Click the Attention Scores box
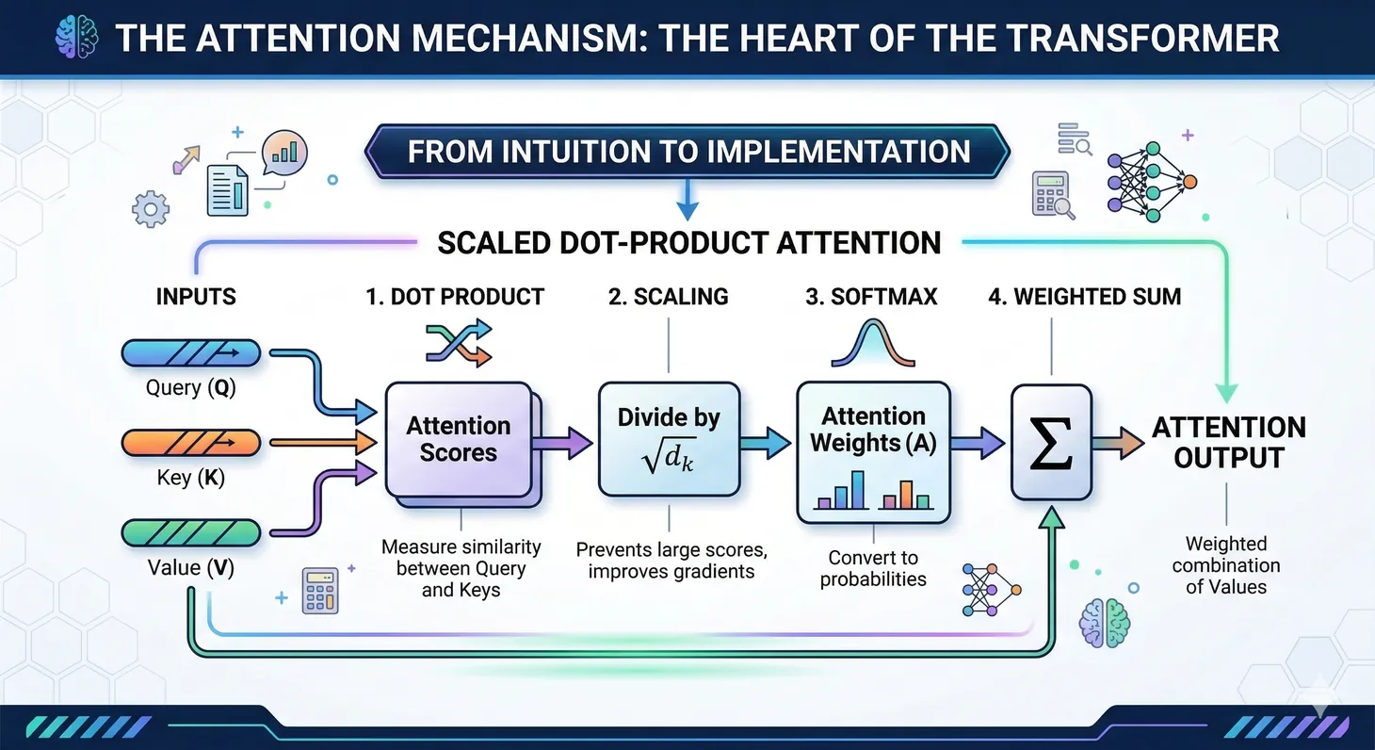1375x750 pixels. tap(458, 439)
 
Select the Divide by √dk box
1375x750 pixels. tap(669, 439)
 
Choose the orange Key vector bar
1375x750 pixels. tap(191, 442)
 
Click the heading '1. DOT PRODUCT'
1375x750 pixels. tap(455, 297)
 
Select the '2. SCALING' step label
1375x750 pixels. tap(668, 297)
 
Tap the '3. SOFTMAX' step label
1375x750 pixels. tap(870, 297)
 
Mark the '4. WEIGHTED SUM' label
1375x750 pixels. tap(1084, 297)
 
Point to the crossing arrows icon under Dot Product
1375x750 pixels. tap(459, 343)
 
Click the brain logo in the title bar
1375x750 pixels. tap(78, 38)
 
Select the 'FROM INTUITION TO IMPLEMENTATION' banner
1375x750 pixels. tap(687, 152)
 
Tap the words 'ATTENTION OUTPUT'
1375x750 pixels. tap(1229, 442)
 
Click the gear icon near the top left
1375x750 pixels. tap(151, 208)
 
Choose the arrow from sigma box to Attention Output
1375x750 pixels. tap(1118, 441)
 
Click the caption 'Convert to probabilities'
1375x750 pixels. tap(873, 568)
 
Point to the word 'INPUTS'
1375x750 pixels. tap(196, 297)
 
